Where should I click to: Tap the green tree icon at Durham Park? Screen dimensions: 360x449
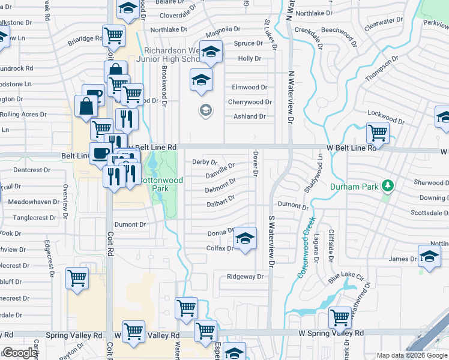click(x=388, y=185)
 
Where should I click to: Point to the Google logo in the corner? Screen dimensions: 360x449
click(x=19, y=353)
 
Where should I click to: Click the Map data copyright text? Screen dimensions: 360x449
click(x=412, y=355)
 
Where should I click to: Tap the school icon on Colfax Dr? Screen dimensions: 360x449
click(x=244, y=239)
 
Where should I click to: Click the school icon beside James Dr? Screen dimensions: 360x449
click(x=429, y=257)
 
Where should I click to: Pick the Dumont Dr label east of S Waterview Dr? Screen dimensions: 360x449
click(x=293, y=206)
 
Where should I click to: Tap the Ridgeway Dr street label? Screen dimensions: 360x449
click(x=245, y=277)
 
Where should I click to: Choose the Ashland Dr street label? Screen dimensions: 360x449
click(x=250, y=116)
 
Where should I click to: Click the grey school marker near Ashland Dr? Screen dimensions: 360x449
click(x=205, y=110)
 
